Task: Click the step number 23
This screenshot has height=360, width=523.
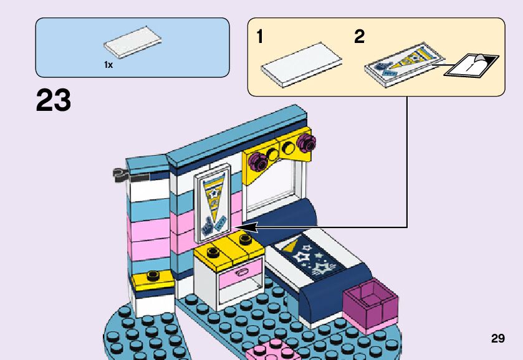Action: (x=54, y=100)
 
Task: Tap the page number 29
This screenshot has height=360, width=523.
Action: (x=497, y=339)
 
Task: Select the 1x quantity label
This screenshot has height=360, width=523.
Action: (x=108, y=65)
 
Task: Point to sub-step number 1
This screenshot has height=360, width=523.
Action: (x=259, y=37)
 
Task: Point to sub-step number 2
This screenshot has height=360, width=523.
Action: (x=359, y=37)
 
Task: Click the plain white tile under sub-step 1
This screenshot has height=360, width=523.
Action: (x=302, y=62)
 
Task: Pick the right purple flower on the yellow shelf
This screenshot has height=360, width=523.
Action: (x=305, y=143)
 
